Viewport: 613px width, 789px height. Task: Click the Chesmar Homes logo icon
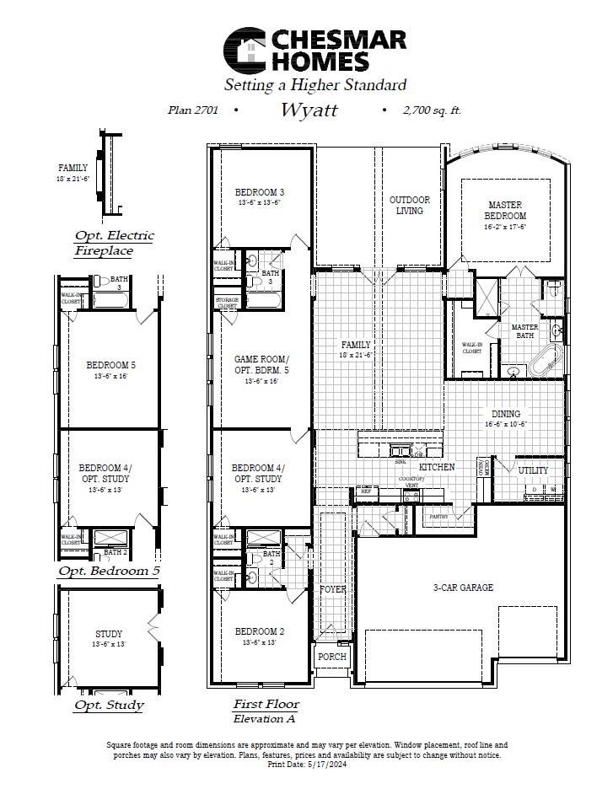(245, 50)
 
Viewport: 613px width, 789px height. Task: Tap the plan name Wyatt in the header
(309, 110)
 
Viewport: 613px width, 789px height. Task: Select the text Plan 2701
(193, 110)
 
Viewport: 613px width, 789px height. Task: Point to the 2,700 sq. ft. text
(432, 110)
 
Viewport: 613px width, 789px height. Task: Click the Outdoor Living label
(410, 206)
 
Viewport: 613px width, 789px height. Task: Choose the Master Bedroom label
(506, 210)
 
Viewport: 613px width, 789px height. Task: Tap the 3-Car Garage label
(463, 588)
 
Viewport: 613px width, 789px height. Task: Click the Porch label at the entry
(332, 657)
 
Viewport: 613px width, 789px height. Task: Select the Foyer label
(332, 590)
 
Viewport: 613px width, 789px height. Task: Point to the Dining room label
(506, 414)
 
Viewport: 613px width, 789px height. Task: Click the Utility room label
(533, 470)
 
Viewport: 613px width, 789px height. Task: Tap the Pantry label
(438, 516)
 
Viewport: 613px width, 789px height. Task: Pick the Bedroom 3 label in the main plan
(260, 192)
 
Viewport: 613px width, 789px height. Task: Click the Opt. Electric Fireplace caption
(114, 243)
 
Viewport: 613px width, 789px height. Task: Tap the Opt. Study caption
(109, 705)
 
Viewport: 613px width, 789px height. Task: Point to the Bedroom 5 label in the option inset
(110, 366)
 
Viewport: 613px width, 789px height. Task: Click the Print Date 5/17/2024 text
(307, 765)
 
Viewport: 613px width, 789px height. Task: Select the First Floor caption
(266, 704)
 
